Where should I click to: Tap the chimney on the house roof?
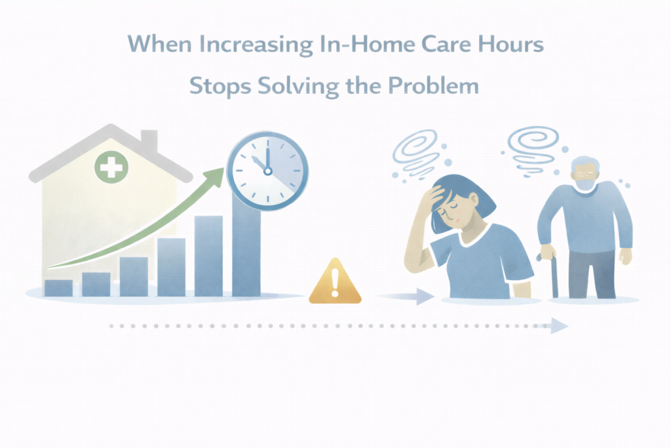(149, 140)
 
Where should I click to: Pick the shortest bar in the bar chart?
(58, 288)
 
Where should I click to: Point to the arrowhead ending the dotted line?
(559, 325)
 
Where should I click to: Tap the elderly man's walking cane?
(554, 275)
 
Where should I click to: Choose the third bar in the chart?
(134, 276)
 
